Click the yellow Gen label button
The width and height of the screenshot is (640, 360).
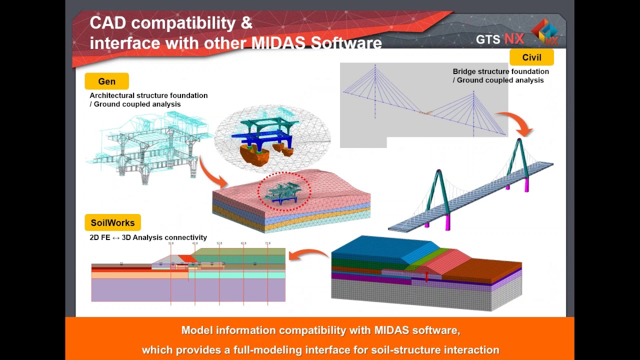pyautogui.click(x=106, y=81)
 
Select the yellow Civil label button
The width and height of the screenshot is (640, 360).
pyautogui.click(x=531, y=57)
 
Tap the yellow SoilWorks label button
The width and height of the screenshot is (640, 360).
pyautogui.click(x=112, y=223)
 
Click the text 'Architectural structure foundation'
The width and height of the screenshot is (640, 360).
pyautogui.click(x=148, y=95)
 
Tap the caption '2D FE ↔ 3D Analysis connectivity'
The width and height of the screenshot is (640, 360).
pyautogui.click(x=148, y=237)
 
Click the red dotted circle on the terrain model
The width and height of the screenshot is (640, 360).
pyautogui.click(x=284, y=191)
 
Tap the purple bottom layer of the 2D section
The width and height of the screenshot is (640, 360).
pyautogui.click(x=188, y=290)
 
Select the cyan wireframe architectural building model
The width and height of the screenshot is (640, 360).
pyautogui.click(x=145, y=145)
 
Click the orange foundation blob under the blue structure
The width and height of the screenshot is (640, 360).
pyautogui.click(x=254, y=155)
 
